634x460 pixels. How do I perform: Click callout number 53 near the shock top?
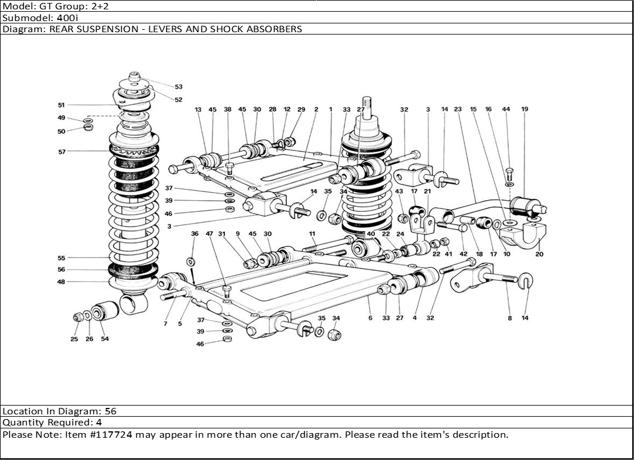(x=179, y=87)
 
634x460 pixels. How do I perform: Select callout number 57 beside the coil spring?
(x=61, y=152)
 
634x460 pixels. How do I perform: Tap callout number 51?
(x=61, y=105)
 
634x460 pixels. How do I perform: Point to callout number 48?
(x=61, y=282)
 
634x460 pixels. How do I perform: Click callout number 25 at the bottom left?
(x=74, y=339)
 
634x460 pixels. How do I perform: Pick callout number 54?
(x=105, y=339)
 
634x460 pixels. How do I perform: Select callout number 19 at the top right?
(x=525, y=109)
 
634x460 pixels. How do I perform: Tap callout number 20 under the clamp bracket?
(x=540, y=254)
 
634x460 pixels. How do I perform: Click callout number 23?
(x=458, y=109)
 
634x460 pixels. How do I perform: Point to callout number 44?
(x=506, y=109)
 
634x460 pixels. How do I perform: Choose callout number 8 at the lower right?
(x=509, y=318)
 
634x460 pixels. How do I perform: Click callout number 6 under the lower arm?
(x=370, y=318)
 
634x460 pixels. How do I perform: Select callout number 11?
(x=313, y=234)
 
